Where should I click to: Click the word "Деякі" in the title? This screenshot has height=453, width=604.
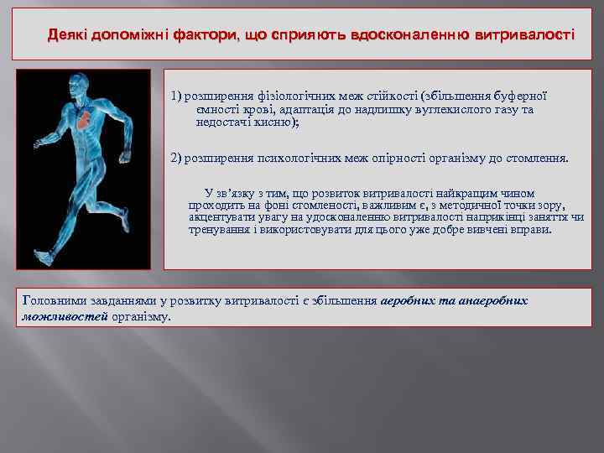[x=68, y=35]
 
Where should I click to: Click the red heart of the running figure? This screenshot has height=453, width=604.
[x=85, y=121]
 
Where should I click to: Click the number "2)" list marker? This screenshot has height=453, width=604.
[x=176, y=158]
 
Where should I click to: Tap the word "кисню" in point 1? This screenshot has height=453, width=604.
[x=277, y=122]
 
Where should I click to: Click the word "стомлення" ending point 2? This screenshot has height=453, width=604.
[x=535, y=158]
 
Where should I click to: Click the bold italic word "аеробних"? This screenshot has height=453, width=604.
[x=409, y=300]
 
